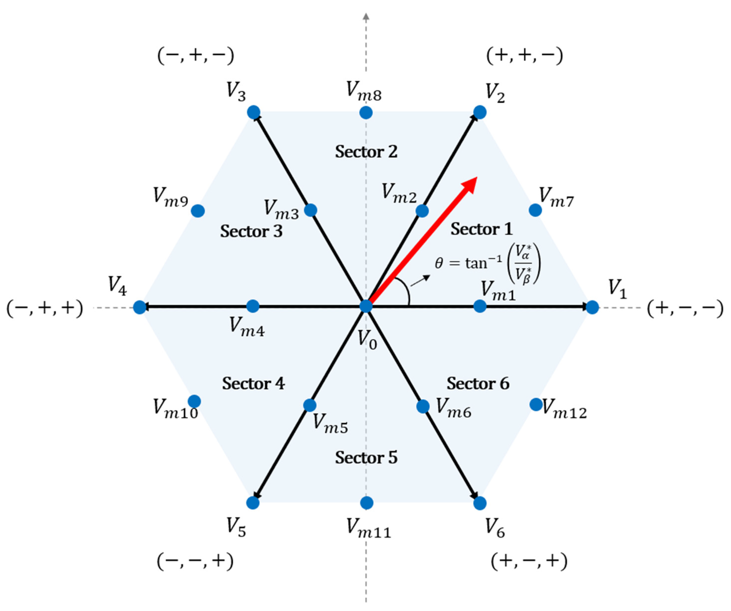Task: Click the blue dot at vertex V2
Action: [480, 112]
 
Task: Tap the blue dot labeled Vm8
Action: [366, 112]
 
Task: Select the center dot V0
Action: [366, 306]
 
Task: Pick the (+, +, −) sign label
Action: [524, 56]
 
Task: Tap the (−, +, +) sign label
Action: [45, 308]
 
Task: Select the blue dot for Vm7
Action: [535, 210]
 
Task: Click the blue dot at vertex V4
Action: [140, 307]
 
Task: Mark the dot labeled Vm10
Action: [194, 401]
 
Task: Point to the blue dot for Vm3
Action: [310, 210]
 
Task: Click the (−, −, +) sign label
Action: [195, 561]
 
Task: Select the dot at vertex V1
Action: [592, 307]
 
